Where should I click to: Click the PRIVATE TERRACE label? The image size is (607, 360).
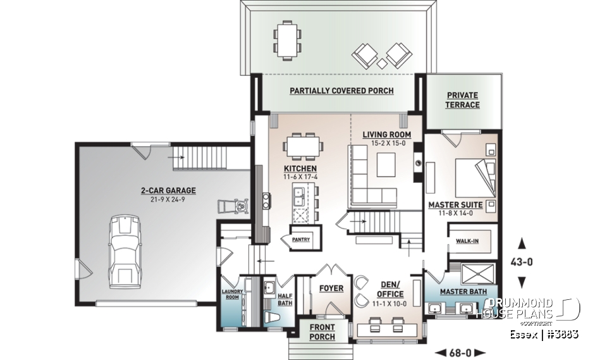(462, 100)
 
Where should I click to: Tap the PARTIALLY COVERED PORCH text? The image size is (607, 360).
(341, 90)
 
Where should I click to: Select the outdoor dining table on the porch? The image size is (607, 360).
(287, 38)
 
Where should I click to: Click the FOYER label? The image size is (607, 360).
(331, 289)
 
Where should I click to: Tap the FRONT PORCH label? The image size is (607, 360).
(322, 332)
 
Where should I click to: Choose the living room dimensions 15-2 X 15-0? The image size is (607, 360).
(386, 143)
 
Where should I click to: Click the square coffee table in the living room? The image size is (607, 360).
(386, 165)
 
